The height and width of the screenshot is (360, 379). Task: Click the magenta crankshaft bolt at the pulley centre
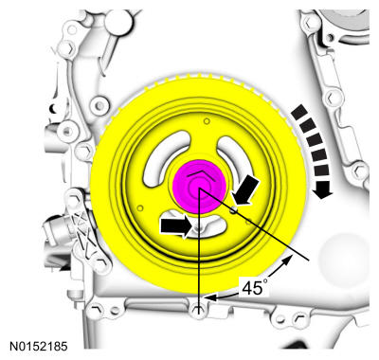tap(199, 187)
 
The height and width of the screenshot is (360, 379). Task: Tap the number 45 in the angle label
tap(252, 288)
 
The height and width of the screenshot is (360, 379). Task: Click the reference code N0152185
tap(39, 347)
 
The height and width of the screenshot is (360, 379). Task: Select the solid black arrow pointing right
tap(176, 226)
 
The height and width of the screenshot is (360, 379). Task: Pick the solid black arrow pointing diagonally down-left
tap(244, 191)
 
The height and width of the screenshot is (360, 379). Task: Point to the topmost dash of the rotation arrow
tap(298, 111)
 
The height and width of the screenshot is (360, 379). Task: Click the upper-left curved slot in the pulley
tap(164, 156)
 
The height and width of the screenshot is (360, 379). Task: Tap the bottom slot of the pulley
tap(206, 225)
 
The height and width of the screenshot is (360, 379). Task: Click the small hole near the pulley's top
tap(207, 121)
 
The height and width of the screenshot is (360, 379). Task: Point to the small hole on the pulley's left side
tap(141, 208)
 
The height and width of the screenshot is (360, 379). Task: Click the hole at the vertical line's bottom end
tap(198, 310)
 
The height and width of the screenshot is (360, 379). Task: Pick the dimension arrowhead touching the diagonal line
tap(287, 260)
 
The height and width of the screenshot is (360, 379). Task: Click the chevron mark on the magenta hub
tap(201, 175)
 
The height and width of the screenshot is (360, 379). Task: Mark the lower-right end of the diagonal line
tap(308, 261)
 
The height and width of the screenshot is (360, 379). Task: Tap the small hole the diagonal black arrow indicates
tap(234, 210)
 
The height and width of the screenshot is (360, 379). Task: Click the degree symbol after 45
tap(265, 280)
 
